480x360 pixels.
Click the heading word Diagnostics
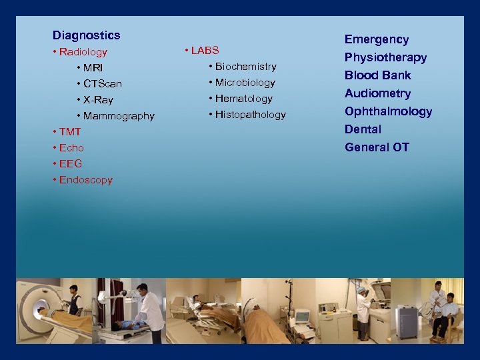(87, 35)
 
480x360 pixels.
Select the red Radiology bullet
(83, 52)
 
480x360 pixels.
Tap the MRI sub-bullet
(93, 68)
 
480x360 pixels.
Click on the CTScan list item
(102, 84)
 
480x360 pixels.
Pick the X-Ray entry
(98, 100)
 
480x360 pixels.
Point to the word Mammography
(119, 116)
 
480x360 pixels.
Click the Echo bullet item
(71, 148)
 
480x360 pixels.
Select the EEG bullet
(70, 164)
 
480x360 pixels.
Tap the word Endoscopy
(85, 180)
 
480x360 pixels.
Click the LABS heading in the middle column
(204, 51)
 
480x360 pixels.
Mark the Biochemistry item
(245, 67)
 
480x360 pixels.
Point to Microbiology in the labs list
(245, 83)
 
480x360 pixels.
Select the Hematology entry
(243, 99)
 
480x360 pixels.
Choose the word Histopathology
(250, 115)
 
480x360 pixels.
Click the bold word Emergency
(377, 40)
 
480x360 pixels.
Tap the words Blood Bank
(378, 75)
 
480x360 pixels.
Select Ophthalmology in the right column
(388, 111)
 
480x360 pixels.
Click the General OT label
(377, 147)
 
